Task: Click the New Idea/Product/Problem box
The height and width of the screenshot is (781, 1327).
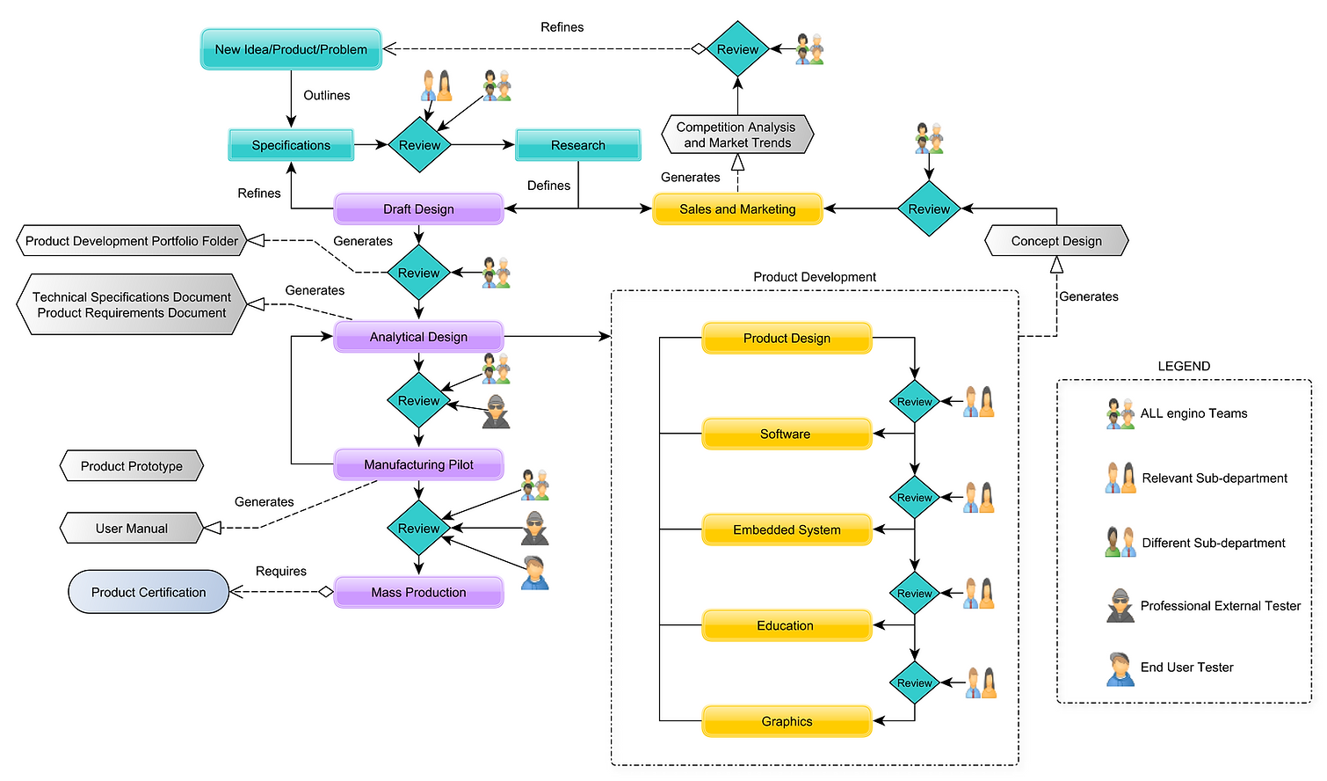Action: pyautogui.click(x=291, y=49)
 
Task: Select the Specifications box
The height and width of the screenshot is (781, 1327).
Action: pyautogui.click(x=291, y=145)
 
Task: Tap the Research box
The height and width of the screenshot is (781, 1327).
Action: pyautogui.click(x=577, y=145)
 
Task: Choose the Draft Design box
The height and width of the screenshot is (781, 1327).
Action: pyautogui.click(x=418, y=209)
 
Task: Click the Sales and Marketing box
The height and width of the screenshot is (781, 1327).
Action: pyautogui.click(x=737, y=209)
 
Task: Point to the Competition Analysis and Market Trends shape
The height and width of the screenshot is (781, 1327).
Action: pyautogui.click(x=737, y=135)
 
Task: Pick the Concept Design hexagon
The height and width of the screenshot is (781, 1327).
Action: pyautogui.click(x=1056, y=241)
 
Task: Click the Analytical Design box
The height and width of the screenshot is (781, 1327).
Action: pyautogui.click(x=418, y=337)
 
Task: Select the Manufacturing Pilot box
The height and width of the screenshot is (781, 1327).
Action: pyautogui.click(x=418, y=464)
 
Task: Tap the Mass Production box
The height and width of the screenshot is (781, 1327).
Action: pyautogui.click(x=418, y=593)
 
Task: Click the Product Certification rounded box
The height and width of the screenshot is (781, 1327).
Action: pyautogui.click(x=149, y=593)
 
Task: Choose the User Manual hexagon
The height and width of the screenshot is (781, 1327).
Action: pyautogui.click(x=132, y=529)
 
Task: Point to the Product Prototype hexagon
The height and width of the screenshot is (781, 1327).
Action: pyautogui.click(x=132, y=466)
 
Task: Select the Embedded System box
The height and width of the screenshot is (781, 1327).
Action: pyautogui.click(x=787, y=529)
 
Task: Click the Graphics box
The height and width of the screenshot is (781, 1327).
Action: pyautogui.click(x=787, y=721)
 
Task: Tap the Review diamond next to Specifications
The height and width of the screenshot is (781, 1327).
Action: pyautogui.click(x=419, y=145)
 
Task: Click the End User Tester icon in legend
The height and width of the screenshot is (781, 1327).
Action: pyautogui.click(x=1120, y=669)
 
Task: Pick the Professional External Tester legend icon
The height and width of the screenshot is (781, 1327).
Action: pyautogui.click(x=1120, y=606)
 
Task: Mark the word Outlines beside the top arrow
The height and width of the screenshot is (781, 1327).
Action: pyautogui.click(x=327, y=95)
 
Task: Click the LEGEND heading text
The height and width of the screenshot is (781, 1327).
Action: pyautogui.click(x=1184, y=366)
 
